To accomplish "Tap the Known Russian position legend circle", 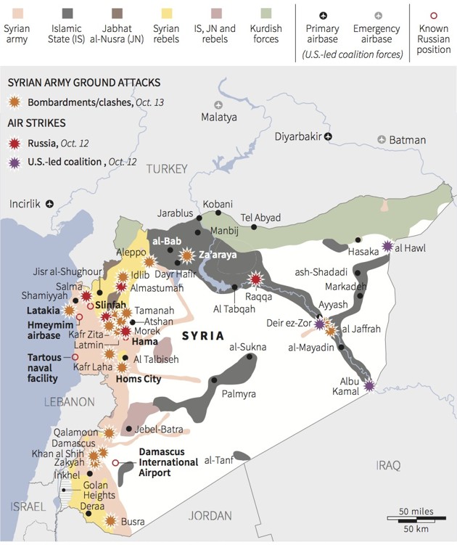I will tap(434, 15).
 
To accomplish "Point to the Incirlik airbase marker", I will tap(50, 204).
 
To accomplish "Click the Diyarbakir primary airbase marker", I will tap(328, 136).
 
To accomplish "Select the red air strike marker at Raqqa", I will tap(255, 279).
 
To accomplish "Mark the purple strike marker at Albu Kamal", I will tap(370, 386).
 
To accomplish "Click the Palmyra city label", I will tap(239, 394).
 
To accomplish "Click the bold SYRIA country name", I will tap(203, 335).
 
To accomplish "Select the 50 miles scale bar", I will tap(415, 517).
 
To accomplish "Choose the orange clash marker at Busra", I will tap(110, 520).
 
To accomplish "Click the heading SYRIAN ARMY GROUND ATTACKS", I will tap(83, 83).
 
